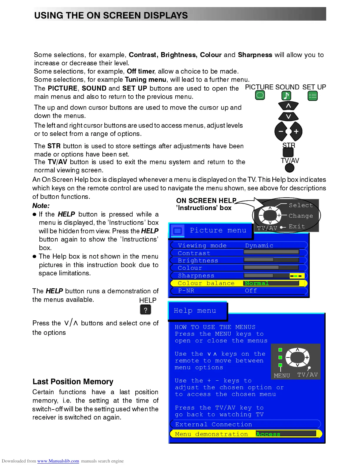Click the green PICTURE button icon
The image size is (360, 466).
(260, 95)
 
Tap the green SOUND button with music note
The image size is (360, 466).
(286, 96)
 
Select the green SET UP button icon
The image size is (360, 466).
(312, 96)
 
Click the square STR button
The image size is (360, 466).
(288, 152)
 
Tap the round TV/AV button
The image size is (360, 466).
(289, 168)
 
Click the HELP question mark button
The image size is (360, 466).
(145, 309)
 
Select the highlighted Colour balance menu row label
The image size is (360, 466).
(206, 283)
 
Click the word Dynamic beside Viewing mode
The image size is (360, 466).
(259, 246)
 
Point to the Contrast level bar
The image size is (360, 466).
(271, 252)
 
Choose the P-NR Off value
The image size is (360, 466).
(251, 291)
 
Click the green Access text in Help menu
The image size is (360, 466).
(268, 434)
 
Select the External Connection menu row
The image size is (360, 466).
(214, 425)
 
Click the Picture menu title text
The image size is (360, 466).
(218, 230)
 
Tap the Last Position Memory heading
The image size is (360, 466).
(73, 382)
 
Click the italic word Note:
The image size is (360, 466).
(41, 206)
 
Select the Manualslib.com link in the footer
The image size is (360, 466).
(58, 461)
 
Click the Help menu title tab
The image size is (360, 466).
(195, 311)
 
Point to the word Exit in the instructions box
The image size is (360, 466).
(297, 227)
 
